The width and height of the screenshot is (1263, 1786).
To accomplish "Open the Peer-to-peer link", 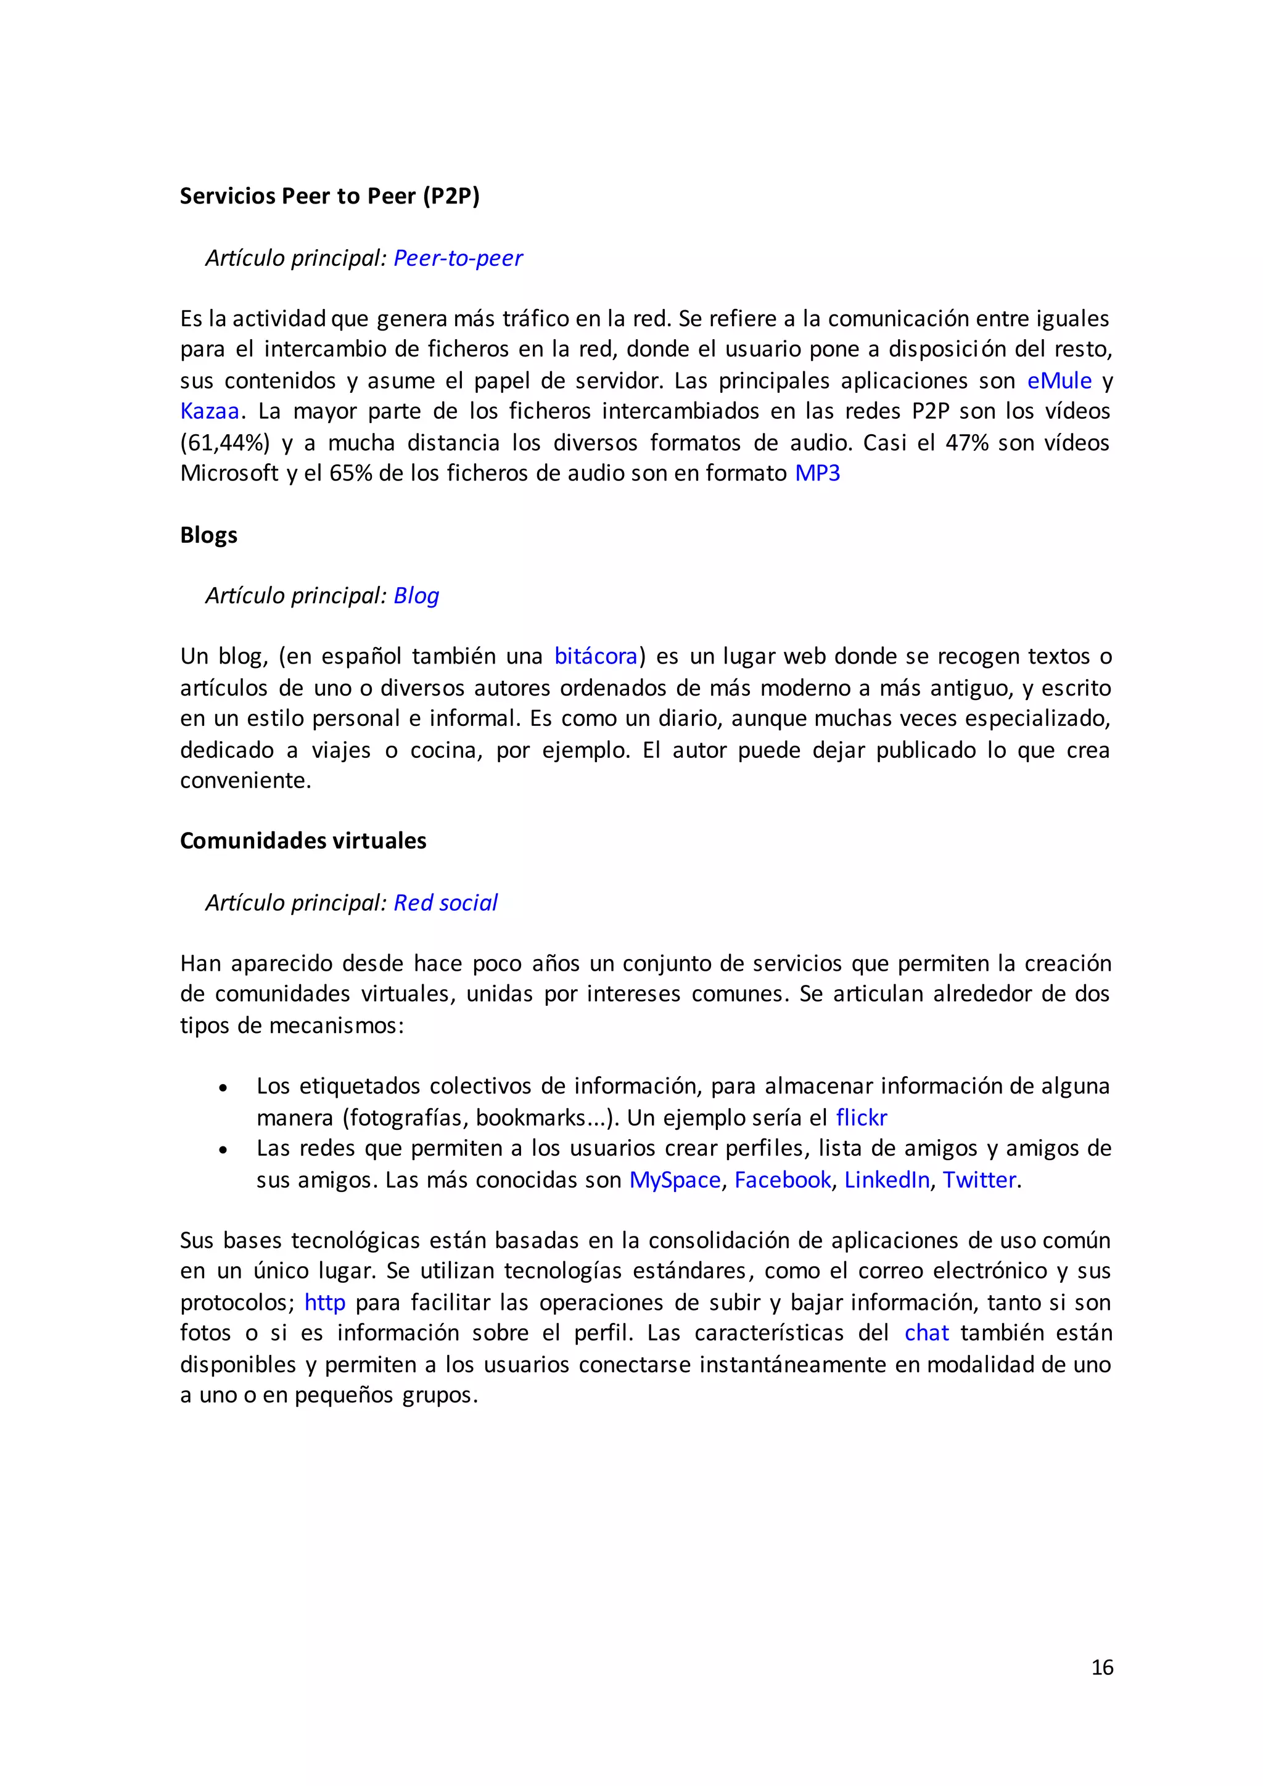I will click(458, 258).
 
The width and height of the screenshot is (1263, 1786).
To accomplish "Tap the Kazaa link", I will click(209, 411).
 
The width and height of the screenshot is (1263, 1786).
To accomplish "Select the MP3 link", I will click(817, 473).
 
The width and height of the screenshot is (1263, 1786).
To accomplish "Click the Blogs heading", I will click(208, 535).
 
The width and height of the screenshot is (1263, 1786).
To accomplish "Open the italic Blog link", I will click(416, 596).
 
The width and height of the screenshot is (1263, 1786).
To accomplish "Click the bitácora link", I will click(595, 657).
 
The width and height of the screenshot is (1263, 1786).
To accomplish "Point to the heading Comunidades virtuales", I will click(303, 841).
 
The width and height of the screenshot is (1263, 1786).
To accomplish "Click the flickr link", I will click(861, 1118).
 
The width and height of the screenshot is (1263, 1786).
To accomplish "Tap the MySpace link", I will click(674, 1180).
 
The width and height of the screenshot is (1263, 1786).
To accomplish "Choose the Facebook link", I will click(783, 1180).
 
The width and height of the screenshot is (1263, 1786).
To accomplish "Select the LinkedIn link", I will click(887, 1180).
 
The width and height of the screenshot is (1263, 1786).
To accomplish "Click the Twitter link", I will click(979, 1180).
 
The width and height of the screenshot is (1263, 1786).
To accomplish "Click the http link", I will click(324, 1302).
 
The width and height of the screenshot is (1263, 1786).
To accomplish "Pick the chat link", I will click(926, 1333).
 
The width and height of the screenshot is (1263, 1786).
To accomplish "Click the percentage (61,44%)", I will click(224, 443).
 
